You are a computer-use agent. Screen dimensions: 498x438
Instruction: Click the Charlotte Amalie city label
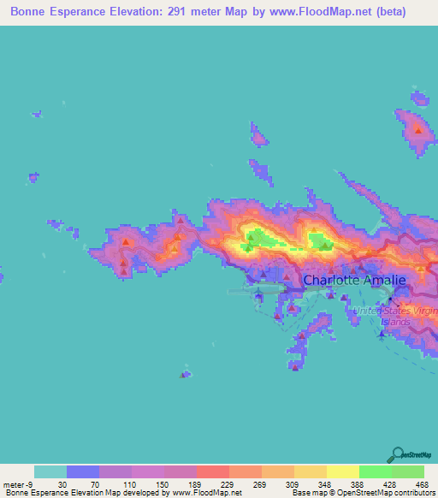coord(353,279)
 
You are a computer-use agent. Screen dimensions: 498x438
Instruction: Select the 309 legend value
coord(278,484)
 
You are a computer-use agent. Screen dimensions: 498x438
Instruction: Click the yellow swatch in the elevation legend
coord(342,471)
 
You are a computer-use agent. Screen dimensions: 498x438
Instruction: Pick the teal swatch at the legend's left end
coord(50,471)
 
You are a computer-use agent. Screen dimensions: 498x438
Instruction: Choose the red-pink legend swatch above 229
coord(212,471)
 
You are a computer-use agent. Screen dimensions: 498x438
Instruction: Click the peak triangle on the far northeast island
coord(417,130)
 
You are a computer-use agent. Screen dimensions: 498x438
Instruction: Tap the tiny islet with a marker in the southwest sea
coord(185,374)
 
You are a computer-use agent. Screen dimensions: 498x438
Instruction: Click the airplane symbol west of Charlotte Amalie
coord(257,297)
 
